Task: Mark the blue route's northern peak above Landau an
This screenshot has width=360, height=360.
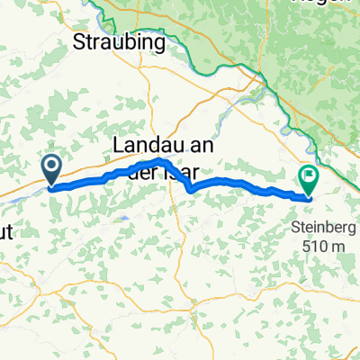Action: (x=159, y=160)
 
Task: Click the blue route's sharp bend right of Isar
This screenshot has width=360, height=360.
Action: (x=191, y=189)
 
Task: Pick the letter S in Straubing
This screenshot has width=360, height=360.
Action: (x=77, y=42)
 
